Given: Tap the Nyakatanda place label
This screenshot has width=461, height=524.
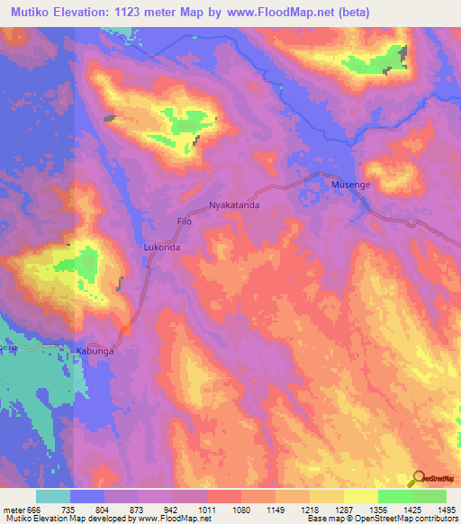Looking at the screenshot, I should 234,205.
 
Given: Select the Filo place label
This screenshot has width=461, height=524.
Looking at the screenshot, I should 185,221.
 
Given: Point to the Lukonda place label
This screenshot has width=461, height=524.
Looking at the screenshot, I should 163,246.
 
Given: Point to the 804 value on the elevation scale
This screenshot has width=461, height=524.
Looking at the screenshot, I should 105,509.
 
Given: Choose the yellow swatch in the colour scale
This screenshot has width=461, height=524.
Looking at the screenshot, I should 360,496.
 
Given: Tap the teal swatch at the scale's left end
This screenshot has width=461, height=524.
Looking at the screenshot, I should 53,496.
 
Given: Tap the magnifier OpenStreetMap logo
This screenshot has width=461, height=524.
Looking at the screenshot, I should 420,478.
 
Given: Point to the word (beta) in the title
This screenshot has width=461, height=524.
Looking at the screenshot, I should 348,12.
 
